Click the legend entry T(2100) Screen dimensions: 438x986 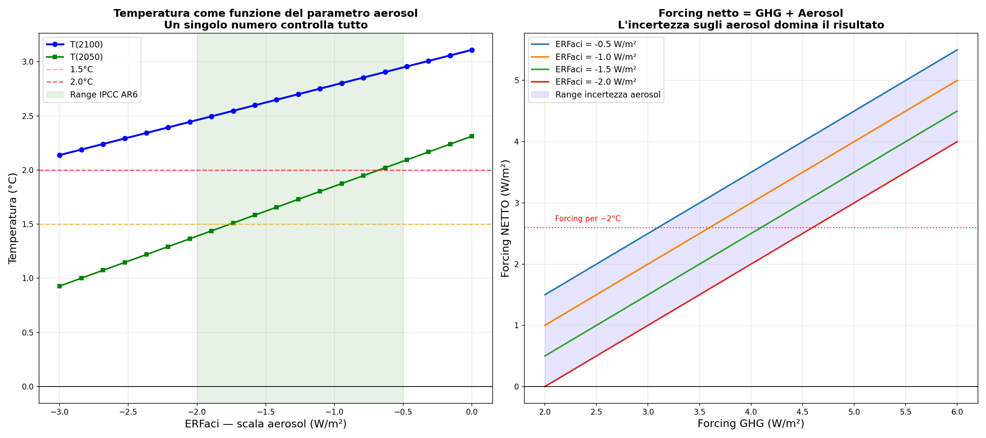tap(86, 45)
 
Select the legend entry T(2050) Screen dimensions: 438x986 tap(86, 57)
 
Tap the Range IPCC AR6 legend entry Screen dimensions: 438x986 tap(103, 95)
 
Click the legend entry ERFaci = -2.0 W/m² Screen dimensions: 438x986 tap(595, 82)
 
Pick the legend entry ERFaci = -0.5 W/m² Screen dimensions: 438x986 tap(595, 45)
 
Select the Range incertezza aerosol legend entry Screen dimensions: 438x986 tap(607, 95)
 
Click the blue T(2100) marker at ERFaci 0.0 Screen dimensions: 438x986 tap(471, 50)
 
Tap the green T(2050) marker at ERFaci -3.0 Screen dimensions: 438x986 tap(59, 286)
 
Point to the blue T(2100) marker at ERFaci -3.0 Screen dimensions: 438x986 tap(59, 155)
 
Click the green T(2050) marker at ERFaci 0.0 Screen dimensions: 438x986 tap(471, 136)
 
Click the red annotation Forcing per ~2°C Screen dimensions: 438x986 tap(588, 218)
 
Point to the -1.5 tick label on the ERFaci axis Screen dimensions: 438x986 tap(265, 412)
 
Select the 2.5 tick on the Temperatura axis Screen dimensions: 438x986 tap(28, 116)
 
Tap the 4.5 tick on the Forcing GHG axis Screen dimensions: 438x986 tap(802, 412)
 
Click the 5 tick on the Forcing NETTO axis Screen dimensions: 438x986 tap(517, 80)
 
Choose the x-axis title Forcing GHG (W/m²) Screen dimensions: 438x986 tap(750, 423)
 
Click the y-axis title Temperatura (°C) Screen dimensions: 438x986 tap(13, 218)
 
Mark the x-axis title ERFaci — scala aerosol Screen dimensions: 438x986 tap(265, 424)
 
